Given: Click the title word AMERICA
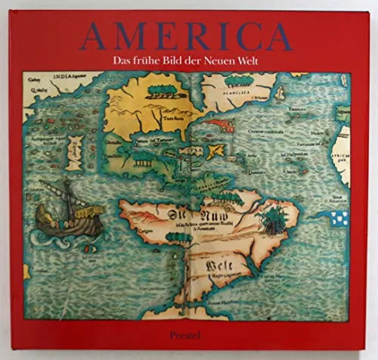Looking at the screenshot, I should point(189,34).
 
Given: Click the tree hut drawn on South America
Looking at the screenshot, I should point(270,219).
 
